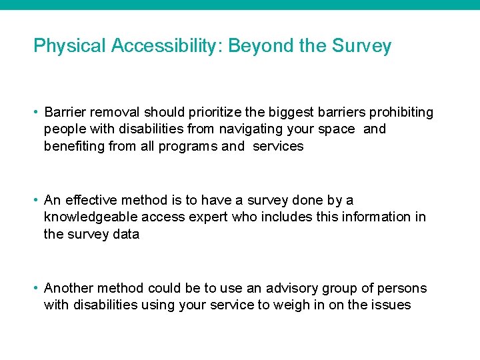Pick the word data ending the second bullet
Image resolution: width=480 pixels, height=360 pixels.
click(125, 234)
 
